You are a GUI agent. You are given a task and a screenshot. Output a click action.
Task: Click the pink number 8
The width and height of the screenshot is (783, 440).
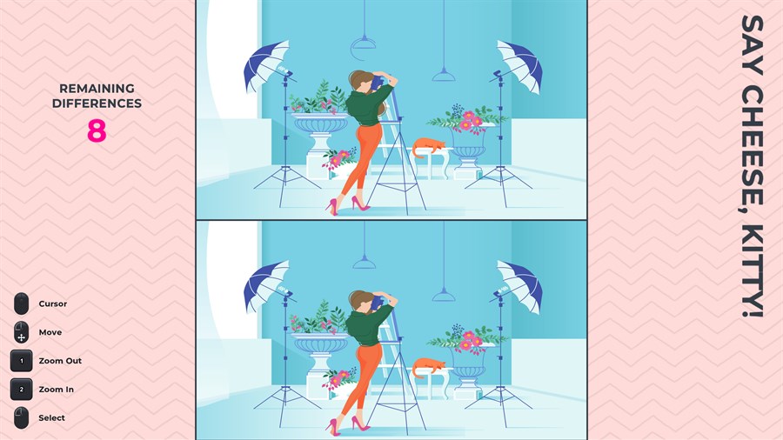(x=97, y=131)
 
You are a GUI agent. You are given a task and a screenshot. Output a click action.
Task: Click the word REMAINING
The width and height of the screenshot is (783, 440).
(x=97, y=89)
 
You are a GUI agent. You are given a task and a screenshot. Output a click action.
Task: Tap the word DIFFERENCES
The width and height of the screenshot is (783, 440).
(x=97, y=103)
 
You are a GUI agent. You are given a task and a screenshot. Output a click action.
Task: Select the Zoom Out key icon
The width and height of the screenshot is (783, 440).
(x=22, y=361)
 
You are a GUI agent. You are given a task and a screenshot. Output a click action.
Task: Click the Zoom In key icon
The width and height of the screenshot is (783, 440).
(x=22, y=389)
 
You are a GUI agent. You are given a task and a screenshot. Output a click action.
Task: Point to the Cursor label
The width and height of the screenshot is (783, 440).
(x=53, y=303)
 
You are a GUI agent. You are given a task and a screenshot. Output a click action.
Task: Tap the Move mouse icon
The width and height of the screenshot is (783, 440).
(x=21, y=332)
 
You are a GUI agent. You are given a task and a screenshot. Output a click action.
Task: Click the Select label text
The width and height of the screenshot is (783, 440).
(x=52, y=418)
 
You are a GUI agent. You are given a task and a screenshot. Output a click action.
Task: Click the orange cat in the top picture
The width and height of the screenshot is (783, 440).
(x=428, y=147)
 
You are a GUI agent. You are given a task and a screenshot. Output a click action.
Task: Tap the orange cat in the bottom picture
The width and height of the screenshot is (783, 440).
(x=428, y=367)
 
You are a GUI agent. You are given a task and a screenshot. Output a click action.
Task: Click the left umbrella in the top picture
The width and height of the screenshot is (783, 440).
(x=267, y=66)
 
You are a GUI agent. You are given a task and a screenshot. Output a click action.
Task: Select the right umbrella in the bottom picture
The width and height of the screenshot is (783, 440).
(x=520, y=287)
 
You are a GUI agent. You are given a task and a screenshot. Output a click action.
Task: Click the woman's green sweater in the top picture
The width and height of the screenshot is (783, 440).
(x=367, y=106)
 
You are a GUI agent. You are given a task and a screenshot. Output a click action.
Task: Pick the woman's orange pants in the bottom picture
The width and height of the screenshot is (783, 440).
(x=363, y=379)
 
